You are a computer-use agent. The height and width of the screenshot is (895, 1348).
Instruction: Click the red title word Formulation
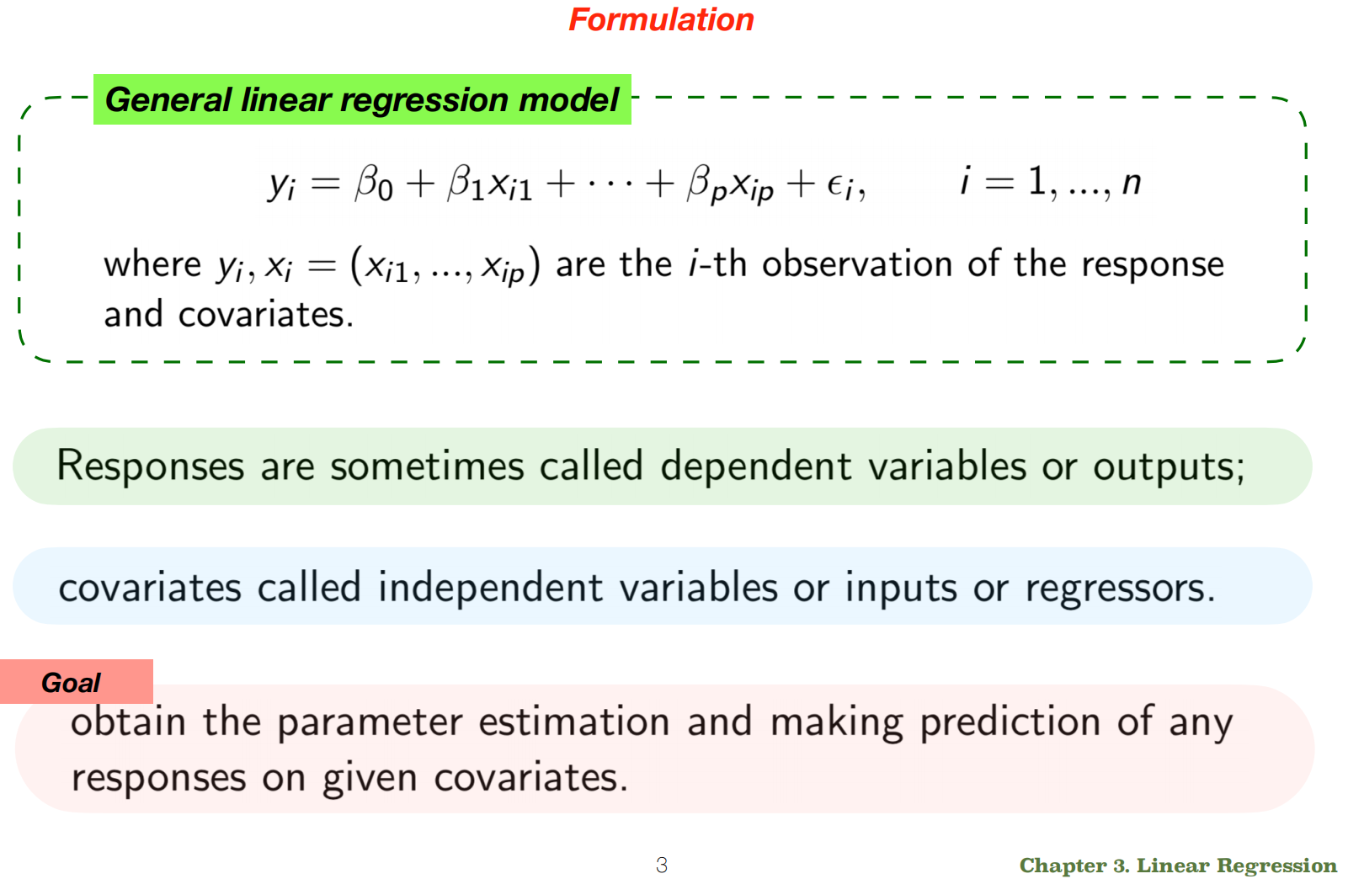(x=661, y=19)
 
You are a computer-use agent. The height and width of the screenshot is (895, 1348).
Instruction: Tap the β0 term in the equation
(x=373, y=183)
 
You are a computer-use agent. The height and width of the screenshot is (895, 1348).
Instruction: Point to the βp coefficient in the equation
(x=706, y=184)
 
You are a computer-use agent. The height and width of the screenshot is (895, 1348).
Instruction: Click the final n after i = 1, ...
(x=1132, y=182)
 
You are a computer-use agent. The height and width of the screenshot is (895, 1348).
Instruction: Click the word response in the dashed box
(x=1152, y=265)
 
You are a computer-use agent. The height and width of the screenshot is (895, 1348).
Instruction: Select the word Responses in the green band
(x=151, y=466)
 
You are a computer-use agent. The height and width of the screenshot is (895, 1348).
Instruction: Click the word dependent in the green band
(x=755, y=466)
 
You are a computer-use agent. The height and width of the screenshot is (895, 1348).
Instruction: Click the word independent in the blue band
(x=490, y=587)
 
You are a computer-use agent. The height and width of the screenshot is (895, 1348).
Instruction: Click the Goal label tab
(x=72, y=682)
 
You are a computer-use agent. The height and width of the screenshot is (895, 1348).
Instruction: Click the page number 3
(x=662, y=866)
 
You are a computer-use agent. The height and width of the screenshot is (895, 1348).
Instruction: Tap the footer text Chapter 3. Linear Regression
(x=1177, y=866)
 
